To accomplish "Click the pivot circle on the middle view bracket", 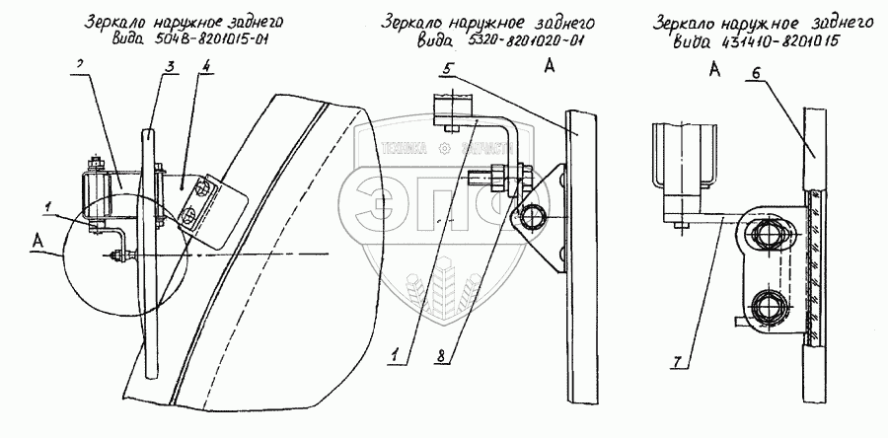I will [x=533, y=217].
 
